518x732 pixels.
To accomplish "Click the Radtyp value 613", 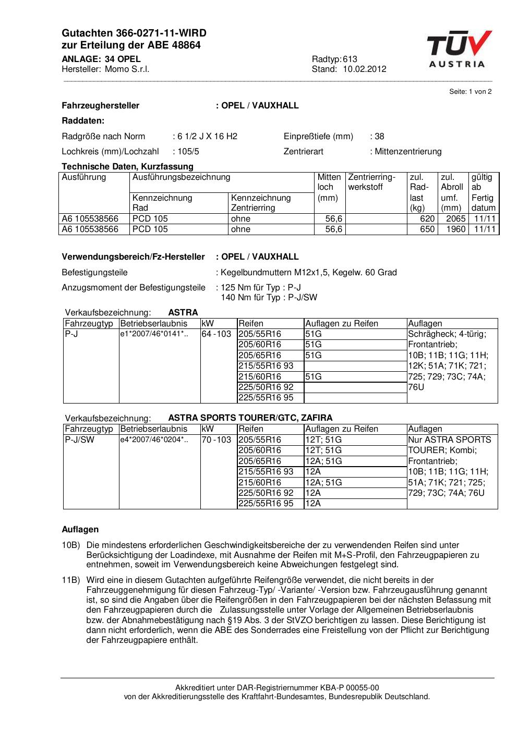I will (350, 59).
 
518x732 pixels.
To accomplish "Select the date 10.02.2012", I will (365, 69).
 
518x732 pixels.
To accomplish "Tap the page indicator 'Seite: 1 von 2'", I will (470, 92).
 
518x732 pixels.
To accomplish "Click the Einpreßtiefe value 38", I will (379, 137).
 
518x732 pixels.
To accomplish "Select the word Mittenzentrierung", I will (408, 152).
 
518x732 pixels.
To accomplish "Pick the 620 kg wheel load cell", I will (427, 219).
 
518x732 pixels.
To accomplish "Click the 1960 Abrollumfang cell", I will (455, 229).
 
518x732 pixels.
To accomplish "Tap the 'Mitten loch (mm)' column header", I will (329, 187).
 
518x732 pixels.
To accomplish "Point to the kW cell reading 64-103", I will (216, 334).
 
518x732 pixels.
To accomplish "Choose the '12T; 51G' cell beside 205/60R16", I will (323, 450).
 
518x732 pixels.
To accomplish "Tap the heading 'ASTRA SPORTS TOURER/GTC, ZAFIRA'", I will (250, 418).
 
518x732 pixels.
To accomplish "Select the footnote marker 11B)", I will (71, 580).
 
